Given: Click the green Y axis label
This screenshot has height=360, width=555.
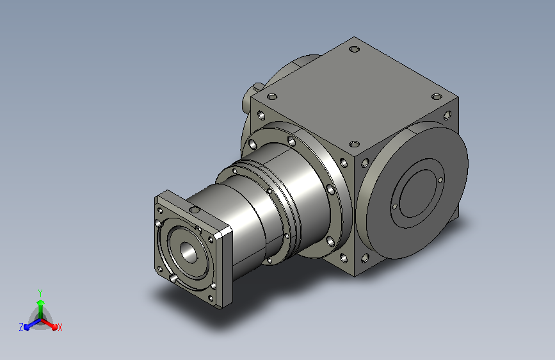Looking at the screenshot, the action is pyautogui.click(x=40, y=293).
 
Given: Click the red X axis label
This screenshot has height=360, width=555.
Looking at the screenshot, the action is pyautogui.click(x=60, y=327).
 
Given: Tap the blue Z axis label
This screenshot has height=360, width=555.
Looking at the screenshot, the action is pyautogui.click(x=21, y=327).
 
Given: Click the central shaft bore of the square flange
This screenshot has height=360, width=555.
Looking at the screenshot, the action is pyautogui.click(x=188, y=252).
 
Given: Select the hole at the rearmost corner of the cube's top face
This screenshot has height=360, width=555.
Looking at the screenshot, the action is pyautogui.click(x=354, y=49).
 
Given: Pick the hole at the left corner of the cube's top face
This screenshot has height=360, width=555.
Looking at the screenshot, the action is pyautogui.click(x=272, y=96).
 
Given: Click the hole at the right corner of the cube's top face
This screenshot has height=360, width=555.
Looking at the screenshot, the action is pyautogui.click(x=437, y=96).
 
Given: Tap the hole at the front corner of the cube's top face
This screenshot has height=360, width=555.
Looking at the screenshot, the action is pyautogui.click(x=354, y=144).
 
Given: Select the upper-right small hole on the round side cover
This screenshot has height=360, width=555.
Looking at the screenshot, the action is pyautogui.click(x=440, y=180).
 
